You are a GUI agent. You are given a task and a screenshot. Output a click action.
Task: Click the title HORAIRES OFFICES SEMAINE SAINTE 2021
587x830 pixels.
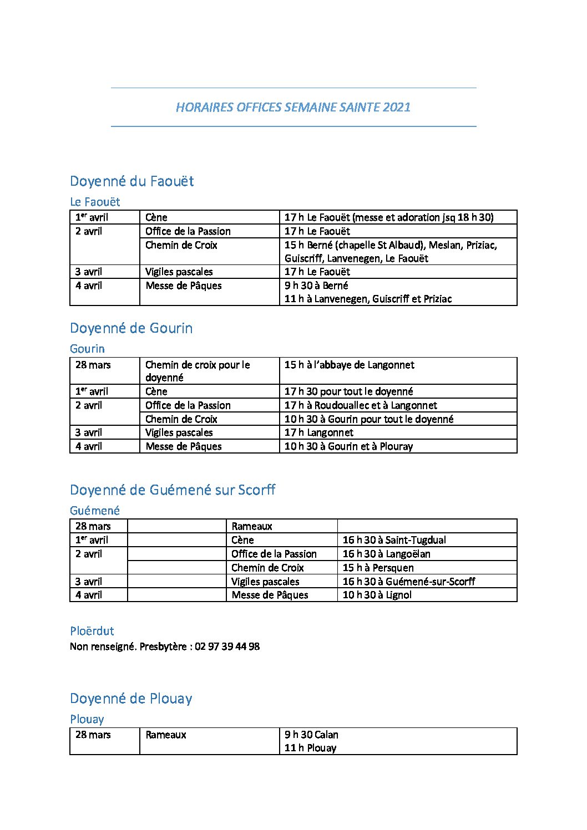[x=293, y=107]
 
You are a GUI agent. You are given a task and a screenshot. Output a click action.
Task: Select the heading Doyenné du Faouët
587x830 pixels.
[x=131, y=181]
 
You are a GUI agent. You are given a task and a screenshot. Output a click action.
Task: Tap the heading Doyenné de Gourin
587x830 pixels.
[x=131, y=328]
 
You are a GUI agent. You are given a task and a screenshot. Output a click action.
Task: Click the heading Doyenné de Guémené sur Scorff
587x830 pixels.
[x=173, y=490]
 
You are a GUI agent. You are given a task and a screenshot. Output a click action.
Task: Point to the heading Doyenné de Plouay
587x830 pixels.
[x=131, y=699]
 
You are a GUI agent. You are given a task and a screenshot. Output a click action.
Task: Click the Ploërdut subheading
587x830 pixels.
[x=92, y=631]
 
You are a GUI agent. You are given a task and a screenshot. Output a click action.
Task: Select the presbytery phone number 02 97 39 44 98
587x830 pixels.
[x=227, y=646]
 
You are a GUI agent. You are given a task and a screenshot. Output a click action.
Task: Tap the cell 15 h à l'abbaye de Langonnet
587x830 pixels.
[x=349, y=365]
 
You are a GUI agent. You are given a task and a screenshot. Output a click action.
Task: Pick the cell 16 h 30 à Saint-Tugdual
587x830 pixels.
[x=394, y=540]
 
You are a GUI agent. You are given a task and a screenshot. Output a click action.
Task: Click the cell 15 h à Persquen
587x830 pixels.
[x=378, y=568]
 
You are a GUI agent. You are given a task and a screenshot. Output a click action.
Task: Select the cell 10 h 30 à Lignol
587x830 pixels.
[x=377, y=595]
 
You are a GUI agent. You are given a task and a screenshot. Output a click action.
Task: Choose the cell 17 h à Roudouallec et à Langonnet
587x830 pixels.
[x=361, y=405]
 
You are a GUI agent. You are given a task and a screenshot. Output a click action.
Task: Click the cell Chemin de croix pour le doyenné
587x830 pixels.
[x=198, y=371]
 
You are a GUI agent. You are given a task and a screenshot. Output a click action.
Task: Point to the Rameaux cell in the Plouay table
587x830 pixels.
[x=166, y=735]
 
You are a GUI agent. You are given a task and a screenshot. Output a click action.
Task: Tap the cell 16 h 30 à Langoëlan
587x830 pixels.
[x=386, y=554]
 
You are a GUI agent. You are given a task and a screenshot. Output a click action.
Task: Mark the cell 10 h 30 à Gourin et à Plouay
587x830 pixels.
[x=348, y=446]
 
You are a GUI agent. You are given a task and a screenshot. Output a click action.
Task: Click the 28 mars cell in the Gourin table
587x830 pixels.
[x=93, y=365]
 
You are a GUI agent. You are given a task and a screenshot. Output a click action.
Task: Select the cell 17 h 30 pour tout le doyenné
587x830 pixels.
[x=348, y=391]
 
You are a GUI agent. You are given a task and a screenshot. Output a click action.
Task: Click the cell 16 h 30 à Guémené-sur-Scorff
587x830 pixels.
[x=408, y=582]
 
